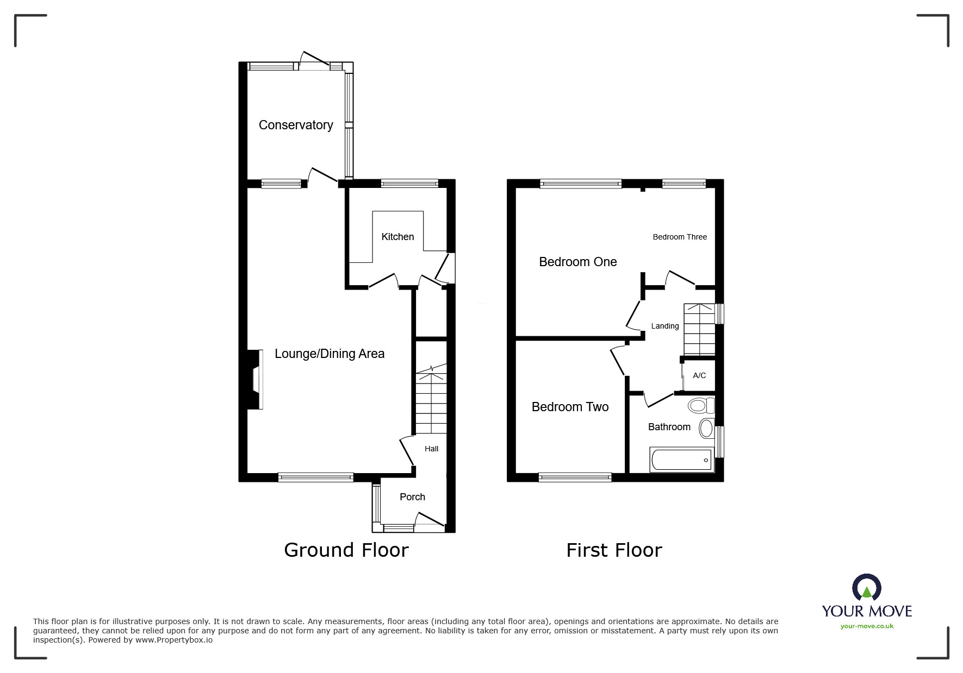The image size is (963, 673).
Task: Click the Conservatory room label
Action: pyautogui.click(x=296, y=125)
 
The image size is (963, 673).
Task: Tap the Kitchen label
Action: pyautogui.click(x=397, y=237)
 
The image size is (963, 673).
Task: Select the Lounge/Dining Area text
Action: pyautogui.click(x=330, y=354)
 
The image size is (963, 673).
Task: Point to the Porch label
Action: pyautogui.click(x=412, y=497)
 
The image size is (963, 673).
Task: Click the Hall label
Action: pyautogui.click(x=431, y=449)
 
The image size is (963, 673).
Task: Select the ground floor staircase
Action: pyautogui.click(x=431, y=402)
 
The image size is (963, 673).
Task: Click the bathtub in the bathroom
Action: pyautogui.click(x=681, y=460)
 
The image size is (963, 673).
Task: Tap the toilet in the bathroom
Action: pyautogui.click(x=701, y=405)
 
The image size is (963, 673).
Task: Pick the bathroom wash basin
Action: pyautogui.click(x=706, y=429)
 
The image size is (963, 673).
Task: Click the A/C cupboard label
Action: pyautogui.click(x=699, y=375)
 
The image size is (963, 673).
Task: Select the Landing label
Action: pyautogui.click(x=665, y=326)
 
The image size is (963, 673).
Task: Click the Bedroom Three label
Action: pyautogui.click(x=680, y=237)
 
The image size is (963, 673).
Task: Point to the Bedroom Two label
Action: pyautogui.click(x=570, y=407)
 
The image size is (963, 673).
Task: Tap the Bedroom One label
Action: pyautogui.click(x=577, y=262)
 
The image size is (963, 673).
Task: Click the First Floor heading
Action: pyautogui.click(x=614, y=550)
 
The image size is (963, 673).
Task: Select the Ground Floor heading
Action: pyautogui.click(x=346, y=550)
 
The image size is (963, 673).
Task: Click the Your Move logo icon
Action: pyautogui.click(x=866, y=588)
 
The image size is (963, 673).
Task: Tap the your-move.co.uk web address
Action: pyautogui.click(x=867, y=626)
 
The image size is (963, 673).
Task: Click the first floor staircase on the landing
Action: pyautogui.click(x=699, y=329)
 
